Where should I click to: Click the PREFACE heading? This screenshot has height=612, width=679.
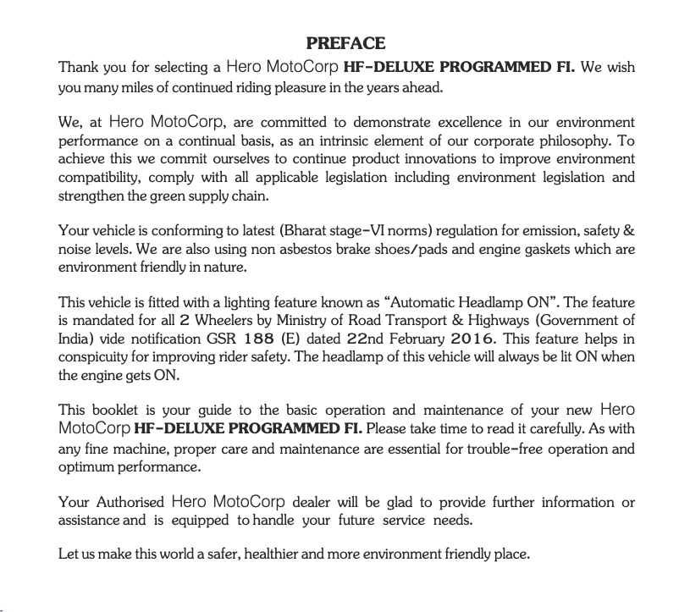345,44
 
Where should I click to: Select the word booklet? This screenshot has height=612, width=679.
113,411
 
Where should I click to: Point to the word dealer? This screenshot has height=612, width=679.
312,502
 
